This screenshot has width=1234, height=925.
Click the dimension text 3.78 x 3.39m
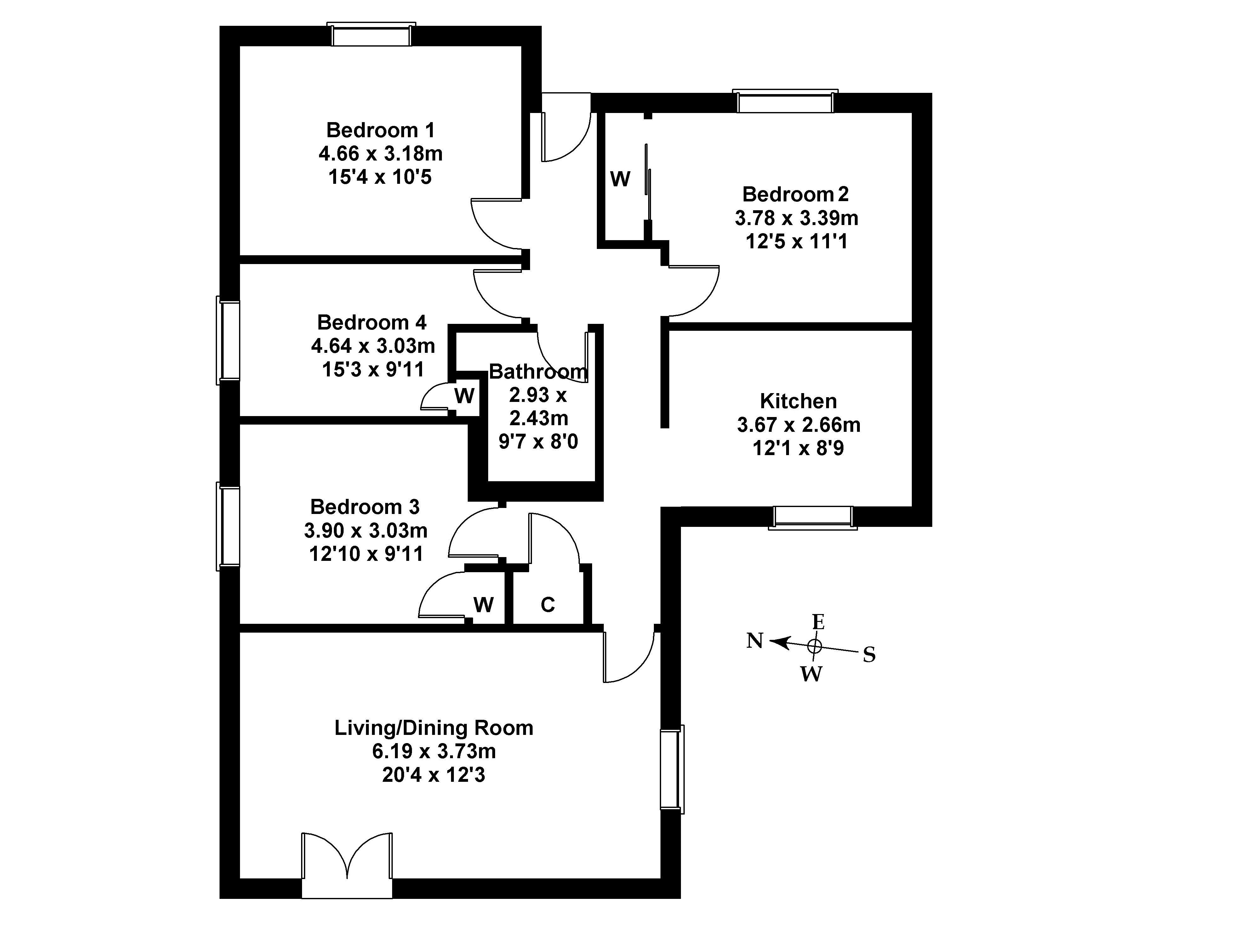pyautogui.click(x=796, y=218)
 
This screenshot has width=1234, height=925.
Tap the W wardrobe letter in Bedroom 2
pyautogui.click(x=620, y=179)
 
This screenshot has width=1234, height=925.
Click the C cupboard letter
pyautogui.click(x=547, y=604)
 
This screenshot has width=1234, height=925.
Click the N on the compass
pyautogui.click(x=754, y=641)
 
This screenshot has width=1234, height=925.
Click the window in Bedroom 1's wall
pyautogui.click(x=371, y=35)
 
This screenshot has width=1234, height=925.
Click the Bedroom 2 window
pyautogui.click(x=785, y=102)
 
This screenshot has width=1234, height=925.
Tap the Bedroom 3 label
pyautogui.click(x=364, y=507)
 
